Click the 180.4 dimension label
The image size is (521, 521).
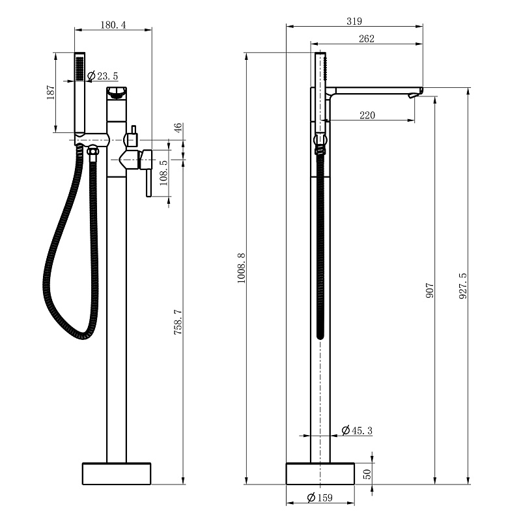(113, 25)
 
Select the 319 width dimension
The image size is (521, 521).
(354, 21)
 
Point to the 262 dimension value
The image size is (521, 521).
(367, 39)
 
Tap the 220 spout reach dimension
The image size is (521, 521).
(367, 115)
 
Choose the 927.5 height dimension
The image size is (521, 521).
(463, 286)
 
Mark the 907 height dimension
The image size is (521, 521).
(430, 290)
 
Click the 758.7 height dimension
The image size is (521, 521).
(178, 322)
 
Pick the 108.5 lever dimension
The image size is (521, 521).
(164, 173)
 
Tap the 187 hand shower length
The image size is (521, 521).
(50, 92)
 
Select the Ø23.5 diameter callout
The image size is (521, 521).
(103, 76)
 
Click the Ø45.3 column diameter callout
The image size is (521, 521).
(357, 430)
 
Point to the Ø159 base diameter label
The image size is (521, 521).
(320, 498)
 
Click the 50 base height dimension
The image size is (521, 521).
(367, 474)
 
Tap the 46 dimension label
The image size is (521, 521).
(178, 128)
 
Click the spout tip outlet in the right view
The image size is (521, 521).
(412, 96)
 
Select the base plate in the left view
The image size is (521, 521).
(117, 473)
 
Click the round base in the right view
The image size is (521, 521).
(320, 473)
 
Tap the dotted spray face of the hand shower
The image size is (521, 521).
(79, 68)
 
